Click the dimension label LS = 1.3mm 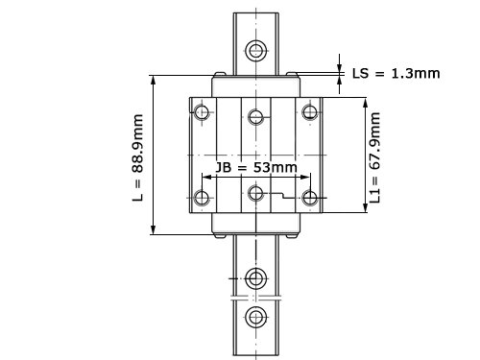click(x=396, y=74)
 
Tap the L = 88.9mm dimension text click(x=138, y=157)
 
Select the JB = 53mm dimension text click(x=256, y=167)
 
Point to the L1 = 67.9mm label click(x=374, y=157)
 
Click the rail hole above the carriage click(x=256, y=51)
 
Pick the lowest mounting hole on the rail click(x=256, y=318)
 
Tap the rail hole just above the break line click(x=256, y=278)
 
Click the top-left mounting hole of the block click(x=202, y=112)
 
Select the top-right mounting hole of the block click(x=310, y=112)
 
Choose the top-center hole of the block click(x=256, y=116)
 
